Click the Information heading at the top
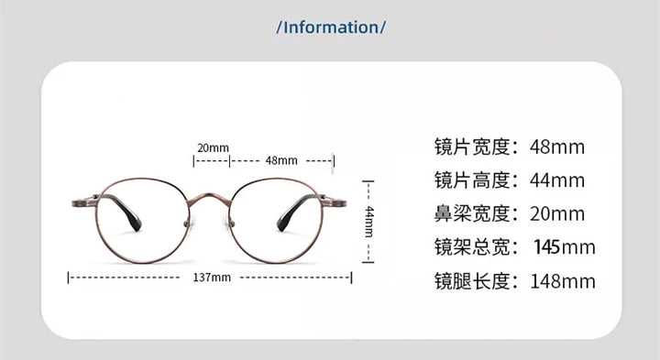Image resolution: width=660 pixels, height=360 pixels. [x=330, y=27]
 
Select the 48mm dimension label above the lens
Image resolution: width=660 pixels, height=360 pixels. [x=281, y=160]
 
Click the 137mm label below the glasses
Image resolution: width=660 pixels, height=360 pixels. [x=212, y=277]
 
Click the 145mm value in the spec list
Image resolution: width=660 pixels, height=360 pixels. [x=564, y=247]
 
